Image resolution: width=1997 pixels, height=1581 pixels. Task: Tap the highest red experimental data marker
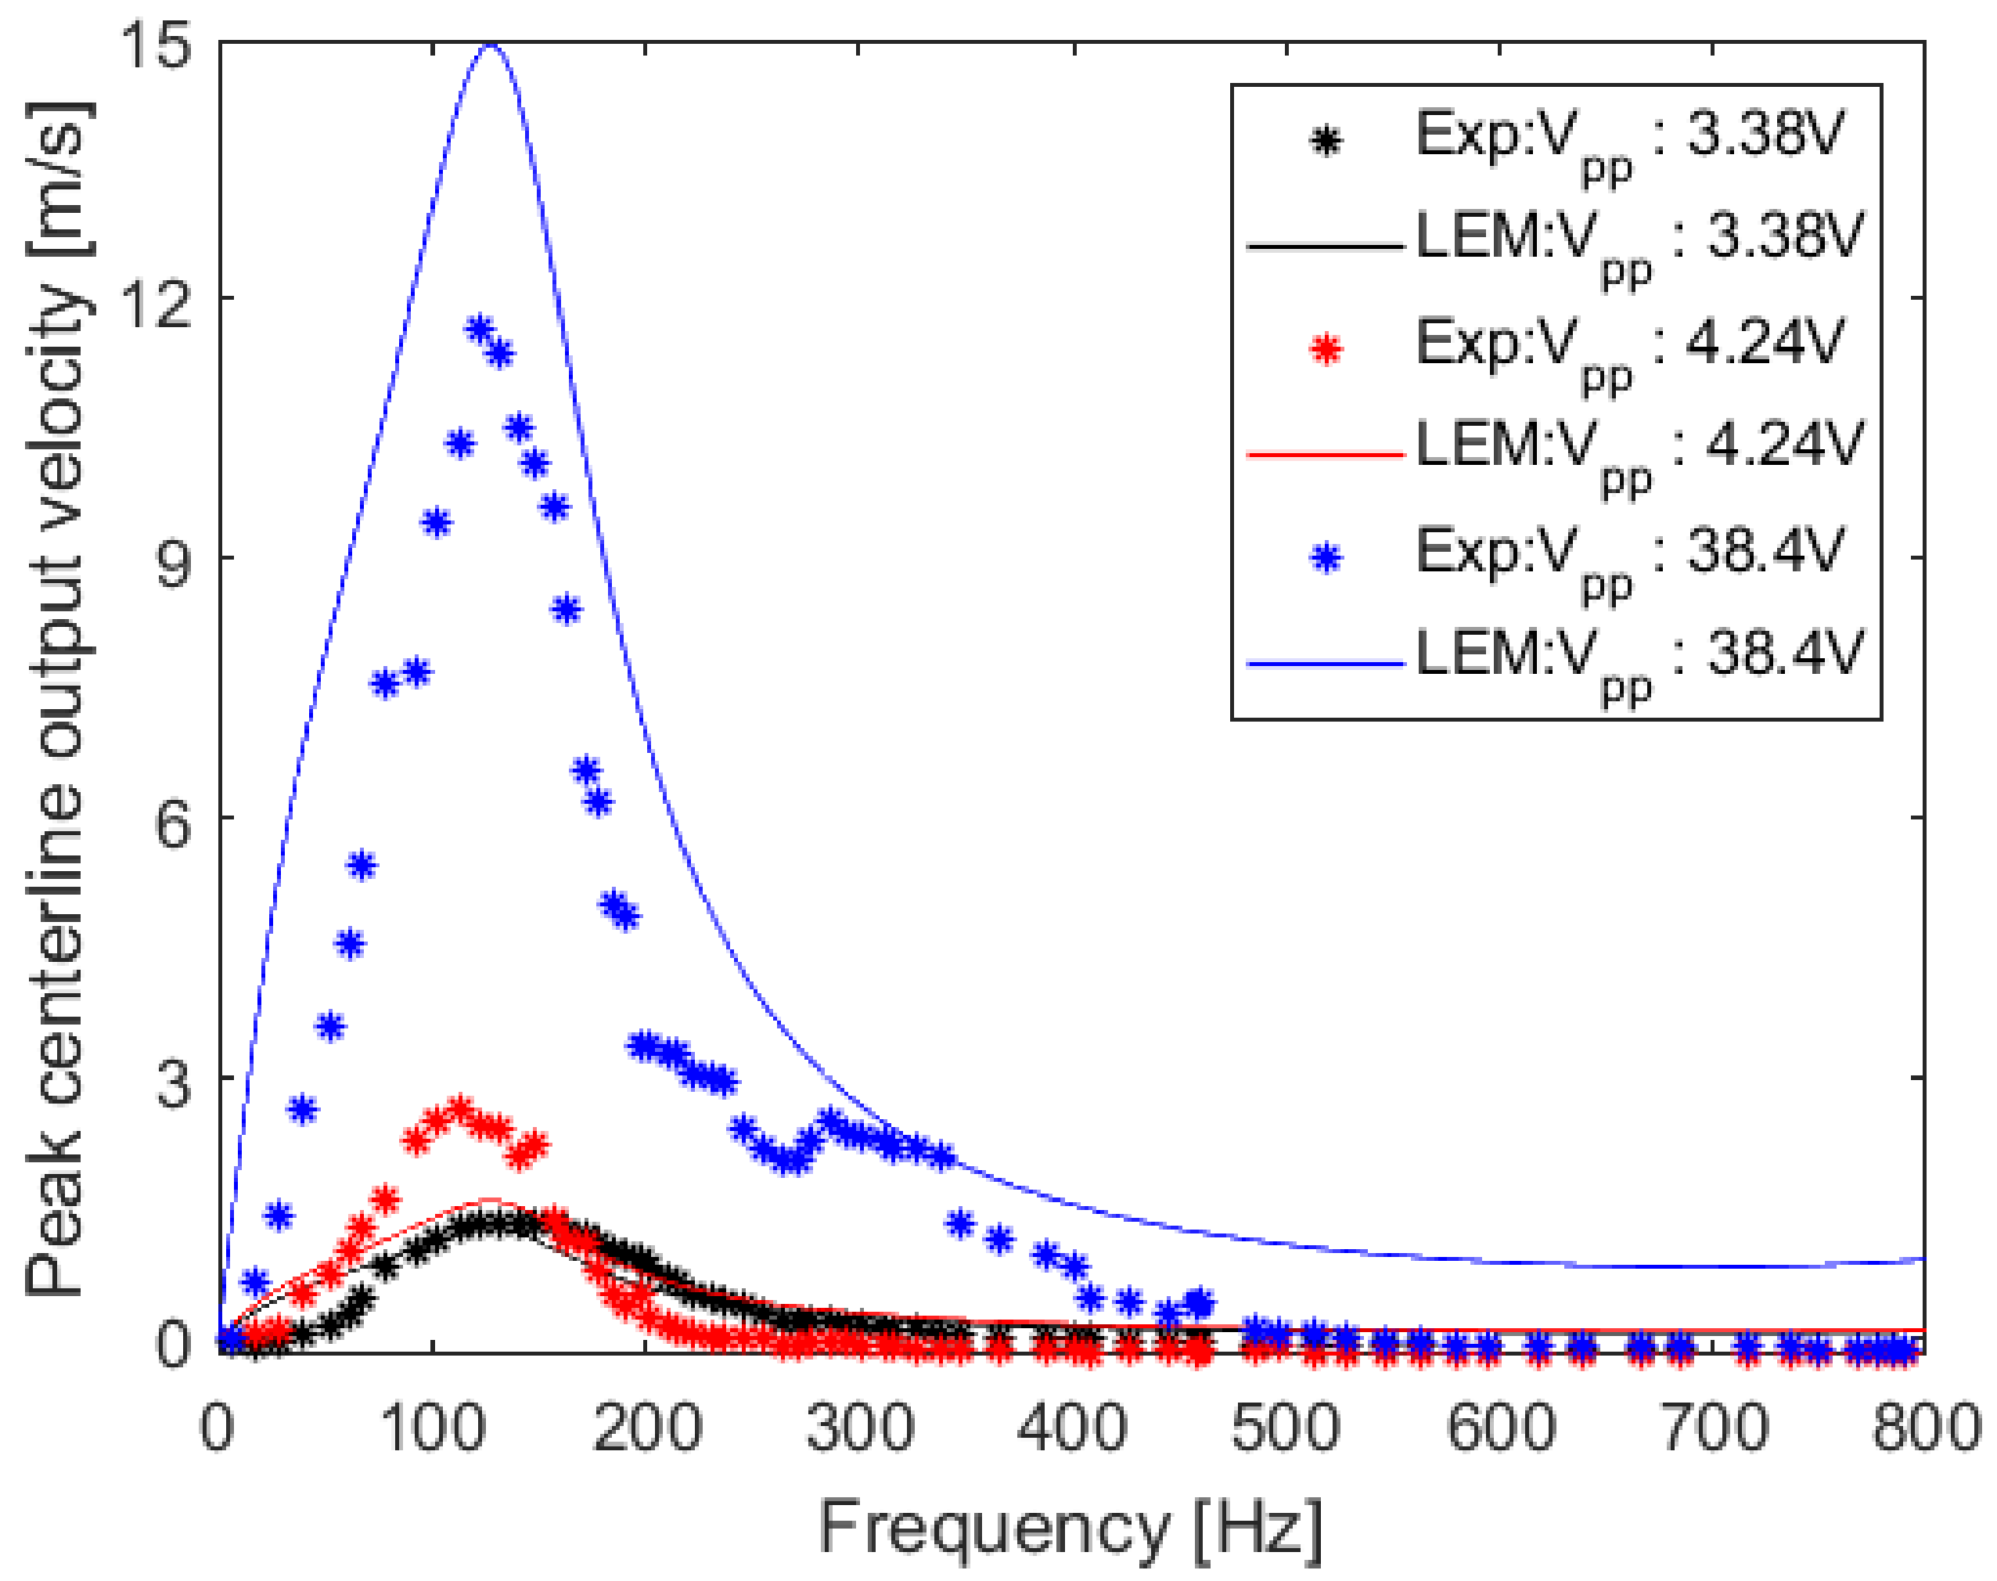tap(460, 1108)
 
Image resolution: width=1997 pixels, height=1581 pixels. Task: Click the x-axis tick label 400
tap(1071, 1428)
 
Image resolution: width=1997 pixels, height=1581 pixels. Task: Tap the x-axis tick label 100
tap(432, 1428)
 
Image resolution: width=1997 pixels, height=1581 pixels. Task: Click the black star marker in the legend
tap(1325, 142)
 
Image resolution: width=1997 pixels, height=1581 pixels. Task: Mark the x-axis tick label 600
tap(1499, 1428)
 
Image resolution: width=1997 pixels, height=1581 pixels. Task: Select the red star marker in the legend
tap(1325, 350)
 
